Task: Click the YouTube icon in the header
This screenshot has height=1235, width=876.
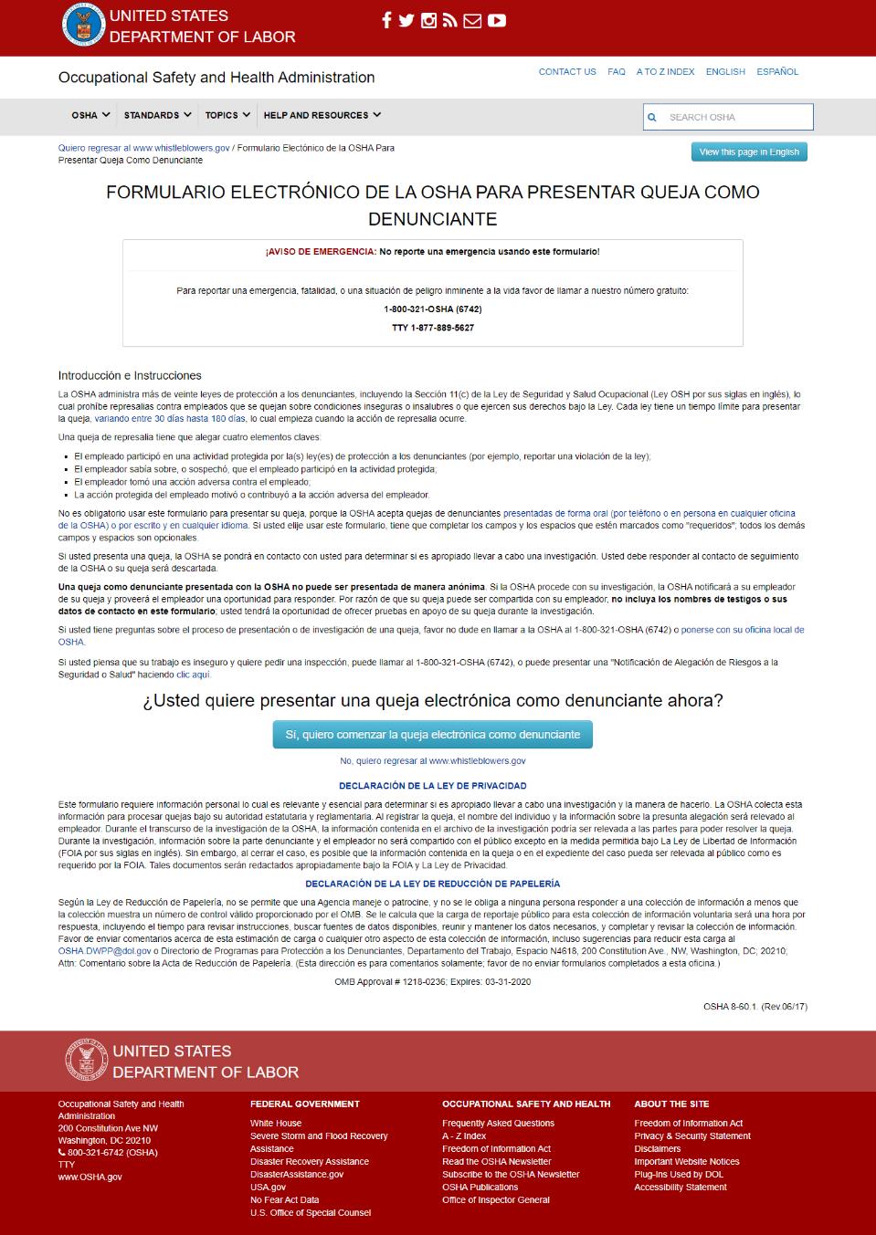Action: pyautogui.click(x=496, y=20)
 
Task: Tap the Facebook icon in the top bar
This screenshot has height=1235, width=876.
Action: pyautogui.click(x=386, y=20)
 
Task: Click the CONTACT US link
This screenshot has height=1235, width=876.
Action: pyautogui.click(x=566, y=71)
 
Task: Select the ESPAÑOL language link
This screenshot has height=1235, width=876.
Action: pyautogui.click(x=777, y=71)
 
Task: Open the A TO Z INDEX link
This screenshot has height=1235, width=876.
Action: pyautogui.click(x=665, y=71)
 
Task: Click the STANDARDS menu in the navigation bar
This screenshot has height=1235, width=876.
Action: pyautogui.click(x=157, y=115)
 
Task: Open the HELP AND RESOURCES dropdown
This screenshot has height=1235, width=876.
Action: pyautogui.click(x=322, y=115)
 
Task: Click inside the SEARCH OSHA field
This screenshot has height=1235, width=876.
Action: pyautogui.click(x=735, y=117)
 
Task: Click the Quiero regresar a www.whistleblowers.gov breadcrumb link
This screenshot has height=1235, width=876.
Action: pyautogui.click(x=143, y=148)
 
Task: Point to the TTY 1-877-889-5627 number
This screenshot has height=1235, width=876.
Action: pyautogui.click(x=433, y=328)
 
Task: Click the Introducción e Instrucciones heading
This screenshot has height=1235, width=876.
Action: pyautogui.click(x=130, y=375)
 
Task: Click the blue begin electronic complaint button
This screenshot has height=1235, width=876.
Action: pyautogui.click(x=432, y=734)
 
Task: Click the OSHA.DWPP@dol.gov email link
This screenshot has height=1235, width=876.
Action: pyautogui.click(x=104, y=951)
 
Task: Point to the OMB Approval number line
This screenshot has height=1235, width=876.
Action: pyautogui.click(x=432, y=982)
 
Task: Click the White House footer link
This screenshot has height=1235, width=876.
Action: pyautogui.click(x=276, y=1124)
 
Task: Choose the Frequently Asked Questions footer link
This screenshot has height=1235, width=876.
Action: pyautogui.click(x=498, y=1124)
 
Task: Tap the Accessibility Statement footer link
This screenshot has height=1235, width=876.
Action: pyautogui.click(x=681, y=1188)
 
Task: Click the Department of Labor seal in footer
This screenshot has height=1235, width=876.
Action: pyautogui.click(x=85, y=1061)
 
